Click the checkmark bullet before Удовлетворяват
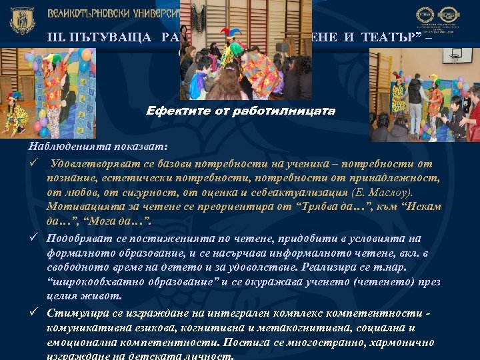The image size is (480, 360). (x=32, y=163)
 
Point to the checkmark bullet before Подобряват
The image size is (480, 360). (x=32, y=238)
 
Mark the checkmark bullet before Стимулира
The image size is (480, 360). (x=32, y=313)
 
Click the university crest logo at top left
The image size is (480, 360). (x=22, y=20)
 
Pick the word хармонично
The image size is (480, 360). (x=401, y=343)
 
